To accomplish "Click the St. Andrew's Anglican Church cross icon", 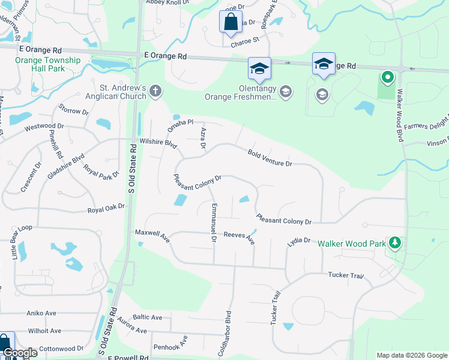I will tap(155, 91).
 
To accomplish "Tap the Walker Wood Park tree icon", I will tap(395, 243).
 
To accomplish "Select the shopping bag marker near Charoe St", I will tap(230, 23).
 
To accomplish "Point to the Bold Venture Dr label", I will tap(270, 158).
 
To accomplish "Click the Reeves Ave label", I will tap(239, 238).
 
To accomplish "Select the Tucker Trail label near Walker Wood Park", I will tap(346, 275).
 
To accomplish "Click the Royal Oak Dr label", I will tap(106, 209).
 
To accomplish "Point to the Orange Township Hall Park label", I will tap(49, 64).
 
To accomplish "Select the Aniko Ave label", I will tap(41, 313).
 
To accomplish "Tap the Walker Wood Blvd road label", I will tap(398, 121).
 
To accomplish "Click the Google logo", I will tap(19, 353).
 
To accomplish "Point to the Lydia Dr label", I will tap(298, 241).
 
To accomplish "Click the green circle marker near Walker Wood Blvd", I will tap(388, 77).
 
